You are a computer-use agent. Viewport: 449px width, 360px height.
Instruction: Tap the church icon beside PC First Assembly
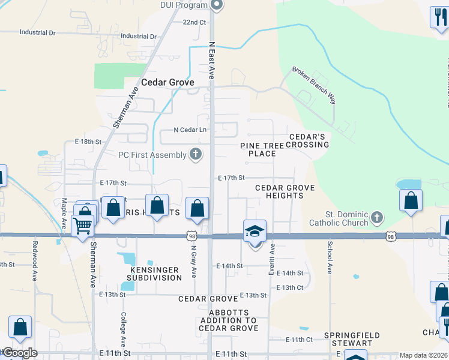coord(195,155)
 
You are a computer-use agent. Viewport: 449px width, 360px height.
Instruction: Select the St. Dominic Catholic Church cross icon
coord(376,217)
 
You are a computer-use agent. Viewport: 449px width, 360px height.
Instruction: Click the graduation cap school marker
coord(255,231)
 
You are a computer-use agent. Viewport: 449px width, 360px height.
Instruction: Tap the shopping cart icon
coord(82,226)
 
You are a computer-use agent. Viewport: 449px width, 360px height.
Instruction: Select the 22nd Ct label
coord(194,22)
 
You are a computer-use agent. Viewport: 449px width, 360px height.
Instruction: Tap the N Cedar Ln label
coord(190,130)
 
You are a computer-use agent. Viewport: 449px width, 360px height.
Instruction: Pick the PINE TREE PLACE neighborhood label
coord(266,149)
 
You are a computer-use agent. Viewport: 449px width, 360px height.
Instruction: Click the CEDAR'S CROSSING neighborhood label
coord(310,140)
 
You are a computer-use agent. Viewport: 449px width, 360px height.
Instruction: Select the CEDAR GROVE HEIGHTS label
coord(285,191)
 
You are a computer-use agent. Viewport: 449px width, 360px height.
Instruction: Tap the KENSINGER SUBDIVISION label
coord(155,274)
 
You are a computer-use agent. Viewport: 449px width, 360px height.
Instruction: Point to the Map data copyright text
coord(424,355)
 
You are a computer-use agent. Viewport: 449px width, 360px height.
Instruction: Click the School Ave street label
coord(330,257)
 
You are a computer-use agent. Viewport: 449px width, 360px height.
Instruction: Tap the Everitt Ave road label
coord(271,260)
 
